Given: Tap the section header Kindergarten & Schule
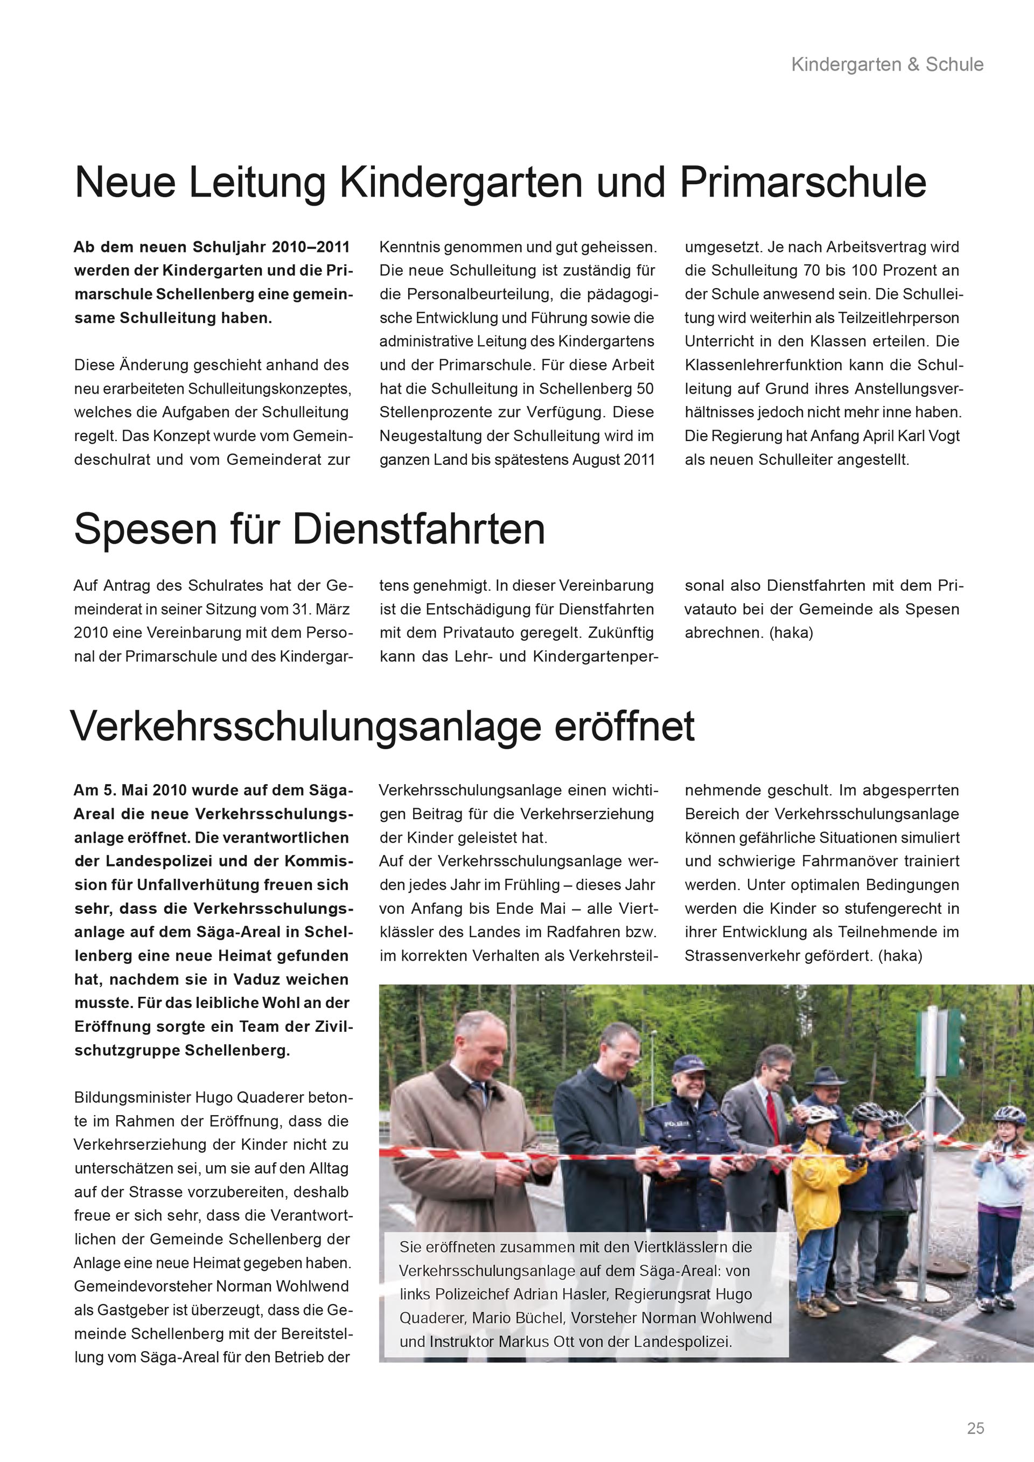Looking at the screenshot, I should click(x=887, y=64).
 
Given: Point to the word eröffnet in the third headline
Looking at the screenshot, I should click(x=624, y=726).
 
